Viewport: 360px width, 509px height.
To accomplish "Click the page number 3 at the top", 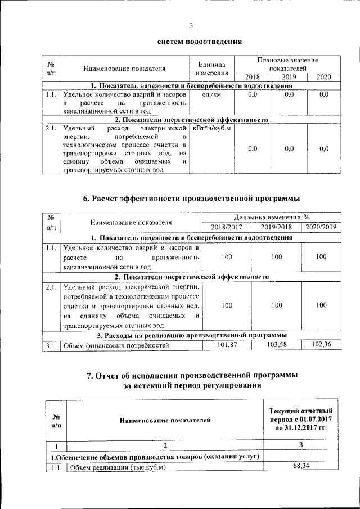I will (191, 25).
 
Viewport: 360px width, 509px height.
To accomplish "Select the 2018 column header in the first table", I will (253, 77).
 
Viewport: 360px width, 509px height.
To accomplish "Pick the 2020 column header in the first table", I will (323, 77).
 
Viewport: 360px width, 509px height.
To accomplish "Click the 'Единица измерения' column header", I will (211, 69).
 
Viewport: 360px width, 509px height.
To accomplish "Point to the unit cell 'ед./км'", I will (211, 95).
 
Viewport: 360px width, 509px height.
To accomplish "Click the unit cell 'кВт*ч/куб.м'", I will (212, 129).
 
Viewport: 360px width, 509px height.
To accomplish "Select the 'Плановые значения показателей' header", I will (287, 64).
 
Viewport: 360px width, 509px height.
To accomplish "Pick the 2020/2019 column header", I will (321, 227).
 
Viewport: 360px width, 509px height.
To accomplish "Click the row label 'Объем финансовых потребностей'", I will (116, 345).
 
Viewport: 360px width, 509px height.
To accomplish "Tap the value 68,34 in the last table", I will (301, 466).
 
